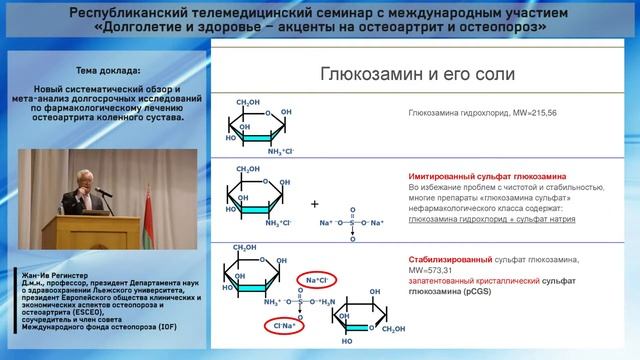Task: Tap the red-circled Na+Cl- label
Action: [323, 279]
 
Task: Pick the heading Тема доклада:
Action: [108, 72]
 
